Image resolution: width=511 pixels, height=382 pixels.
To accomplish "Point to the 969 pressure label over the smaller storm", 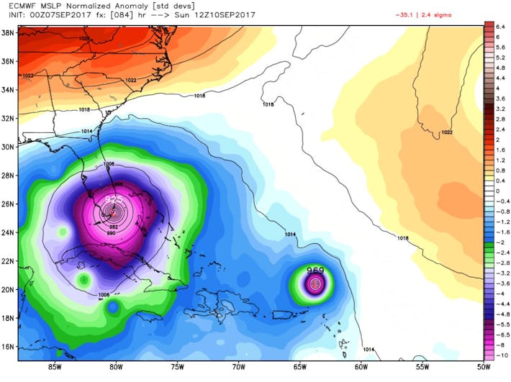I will [315, 271].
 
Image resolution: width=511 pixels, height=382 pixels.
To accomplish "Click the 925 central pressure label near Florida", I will [114, 198].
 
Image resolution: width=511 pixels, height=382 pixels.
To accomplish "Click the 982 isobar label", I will [114, 227].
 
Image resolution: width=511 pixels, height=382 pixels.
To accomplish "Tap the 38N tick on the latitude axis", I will [9, 33].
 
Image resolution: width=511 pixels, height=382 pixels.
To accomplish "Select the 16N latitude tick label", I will [9, 346].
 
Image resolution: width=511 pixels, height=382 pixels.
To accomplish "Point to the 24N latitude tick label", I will [9, 232].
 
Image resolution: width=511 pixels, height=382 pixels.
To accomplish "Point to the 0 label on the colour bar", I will [497, 191].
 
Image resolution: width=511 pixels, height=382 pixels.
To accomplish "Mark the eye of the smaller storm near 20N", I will [315, 284].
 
